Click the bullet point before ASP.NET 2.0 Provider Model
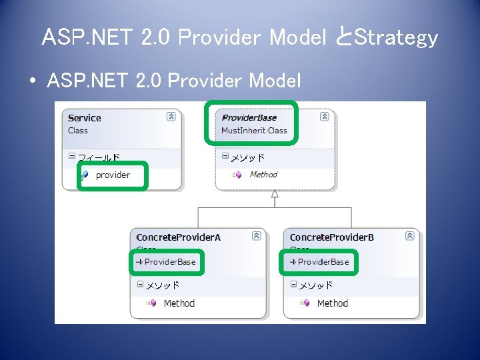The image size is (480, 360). coord(33,81)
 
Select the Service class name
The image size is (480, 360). coord(85,118)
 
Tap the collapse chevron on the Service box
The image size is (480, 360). coord(171,116)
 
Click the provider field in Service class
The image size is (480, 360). coord(113,175)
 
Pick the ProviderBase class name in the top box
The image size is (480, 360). coord(249,118)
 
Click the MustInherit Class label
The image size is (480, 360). coord(254,131)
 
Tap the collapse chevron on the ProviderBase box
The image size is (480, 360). coord(324,116)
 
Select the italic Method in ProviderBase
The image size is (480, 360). coord(263,175)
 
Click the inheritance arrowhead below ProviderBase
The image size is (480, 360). coord(274,193)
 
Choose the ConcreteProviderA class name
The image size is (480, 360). coord(179,237)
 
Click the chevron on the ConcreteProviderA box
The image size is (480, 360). coord(256,236)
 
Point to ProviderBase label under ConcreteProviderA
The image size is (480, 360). coord(170,262)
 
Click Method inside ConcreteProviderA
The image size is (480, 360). coord(179,303)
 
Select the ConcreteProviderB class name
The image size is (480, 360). coord(332,237)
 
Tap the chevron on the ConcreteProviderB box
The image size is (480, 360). coord(409,236)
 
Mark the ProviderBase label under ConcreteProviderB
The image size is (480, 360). coord(323,262)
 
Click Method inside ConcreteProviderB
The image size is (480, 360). coord(332,303)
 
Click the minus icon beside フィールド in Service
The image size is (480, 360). coord(72,157)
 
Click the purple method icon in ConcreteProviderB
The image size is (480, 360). coord(304,303)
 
